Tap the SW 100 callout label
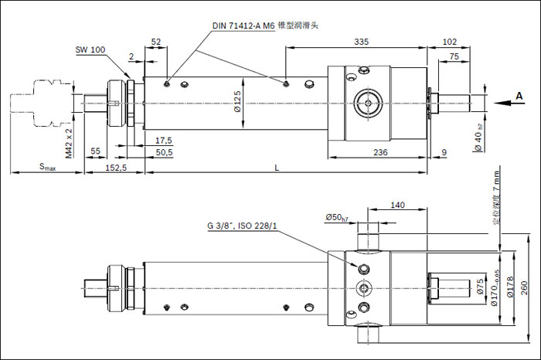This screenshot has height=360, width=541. point(91,49)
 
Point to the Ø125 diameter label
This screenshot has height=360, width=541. point(237,101)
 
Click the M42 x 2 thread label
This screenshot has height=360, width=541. point(69,143)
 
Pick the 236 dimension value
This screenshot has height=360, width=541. point(380,153)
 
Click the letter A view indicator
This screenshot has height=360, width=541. point(519,96)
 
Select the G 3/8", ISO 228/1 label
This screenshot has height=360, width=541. point(242,226)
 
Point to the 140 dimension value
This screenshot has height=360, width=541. point(398,205)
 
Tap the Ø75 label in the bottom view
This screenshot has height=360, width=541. point(479,288)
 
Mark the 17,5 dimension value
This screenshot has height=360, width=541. point(164,140)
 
